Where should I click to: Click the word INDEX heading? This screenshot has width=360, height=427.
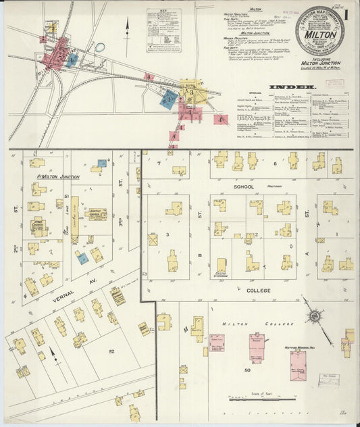(x=291, y=87)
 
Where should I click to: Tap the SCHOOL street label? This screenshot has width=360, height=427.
(x=243, y=186)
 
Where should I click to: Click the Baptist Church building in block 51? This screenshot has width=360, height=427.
(x=97, y=214)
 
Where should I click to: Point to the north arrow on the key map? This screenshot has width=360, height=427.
(x=127, y=27)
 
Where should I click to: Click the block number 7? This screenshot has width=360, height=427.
(x=159, y=163)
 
